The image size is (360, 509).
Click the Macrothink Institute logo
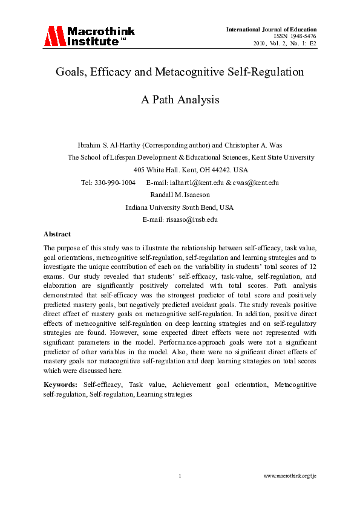tap(89, 36)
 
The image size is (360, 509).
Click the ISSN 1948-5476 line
tap(296, 36)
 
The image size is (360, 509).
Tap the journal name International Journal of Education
tap(271, 30)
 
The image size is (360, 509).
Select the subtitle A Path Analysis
tap(180, 100)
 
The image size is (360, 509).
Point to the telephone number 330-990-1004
tap(116, 183)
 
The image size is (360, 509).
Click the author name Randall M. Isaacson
tap(180, 195)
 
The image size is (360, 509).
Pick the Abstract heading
tap(57, 233)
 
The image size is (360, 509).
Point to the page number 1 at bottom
tap(180, 476)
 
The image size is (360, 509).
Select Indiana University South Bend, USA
tap(180, 207)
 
